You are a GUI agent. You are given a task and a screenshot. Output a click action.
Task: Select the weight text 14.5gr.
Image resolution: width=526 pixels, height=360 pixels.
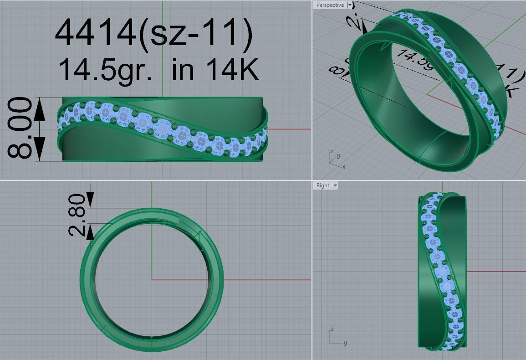(105, 70)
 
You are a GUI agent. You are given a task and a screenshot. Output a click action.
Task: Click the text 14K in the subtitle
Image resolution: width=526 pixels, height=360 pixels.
(232, 70)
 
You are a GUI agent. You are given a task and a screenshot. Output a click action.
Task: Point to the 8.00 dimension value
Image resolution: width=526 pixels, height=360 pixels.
(21, 129)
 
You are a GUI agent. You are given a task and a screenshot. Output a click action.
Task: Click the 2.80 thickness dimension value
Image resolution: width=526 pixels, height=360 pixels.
(77, 215)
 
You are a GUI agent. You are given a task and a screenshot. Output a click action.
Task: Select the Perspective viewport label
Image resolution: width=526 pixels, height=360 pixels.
(330, 5)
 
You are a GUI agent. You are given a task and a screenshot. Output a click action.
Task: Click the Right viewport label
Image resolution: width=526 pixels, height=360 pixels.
(323, 185)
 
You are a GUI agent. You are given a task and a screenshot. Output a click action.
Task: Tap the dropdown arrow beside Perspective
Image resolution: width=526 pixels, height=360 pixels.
(350, 5)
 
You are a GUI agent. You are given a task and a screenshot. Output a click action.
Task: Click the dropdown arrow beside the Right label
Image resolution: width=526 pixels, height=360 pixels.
(335, 185)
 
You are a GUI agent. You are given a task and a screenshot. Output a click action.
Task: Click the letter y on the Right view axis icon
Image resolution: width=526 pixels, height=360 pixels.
(346, 343)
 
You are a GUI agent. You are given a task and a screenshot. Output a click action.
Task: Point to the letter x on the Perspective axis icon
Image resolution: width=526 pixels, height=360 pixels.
(343, 167)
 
